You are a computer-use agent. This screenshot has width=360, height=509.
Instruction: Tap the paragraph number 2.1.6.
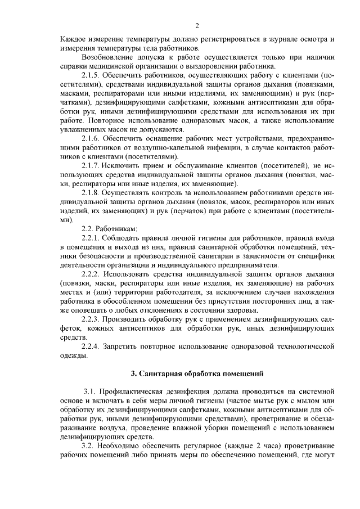pyautogui.click(x=92, y=138)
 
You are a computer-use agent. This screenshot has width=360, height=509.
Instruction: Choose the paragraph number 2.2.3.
pyautogui.click(x=92, y=319)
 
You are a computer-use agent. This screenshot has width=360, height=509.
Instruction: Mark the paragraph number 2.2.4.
pyautogui.click(x=92, y=346)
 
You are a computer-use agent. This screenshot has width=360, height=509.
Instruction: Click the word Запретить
pyautogui.click(x=126, y=346)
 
